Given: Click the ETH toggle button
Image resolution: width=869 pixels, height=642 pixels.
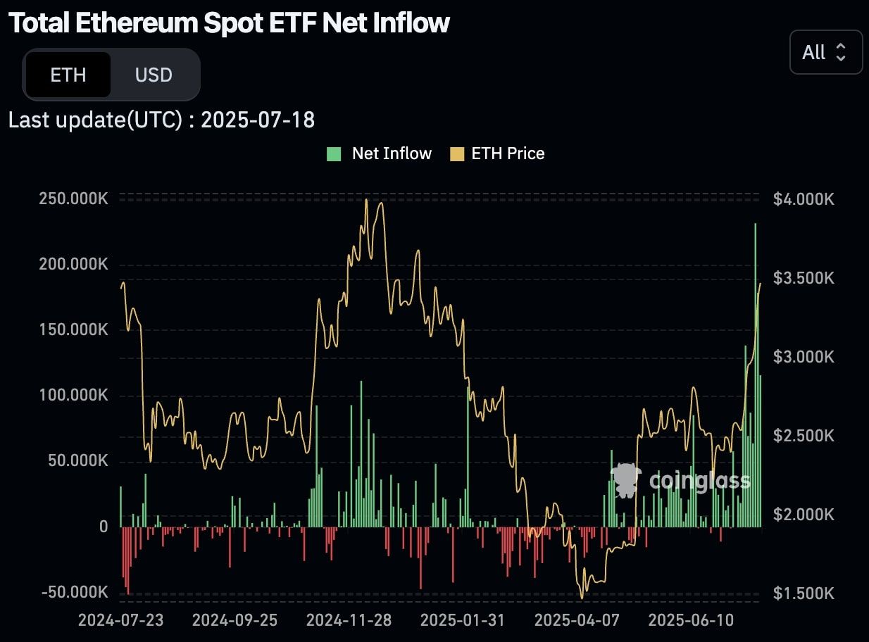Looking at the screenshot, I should pos(68,75).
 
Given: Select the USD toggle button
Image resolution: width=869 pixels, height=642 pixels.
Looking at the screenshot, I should pos(154,75).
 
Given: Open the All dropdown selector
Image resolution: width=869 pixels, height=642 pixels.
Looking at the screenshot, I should pos(825,52).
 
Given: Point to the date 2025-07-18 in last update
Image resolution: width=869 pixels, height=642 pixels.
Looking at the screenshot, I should pos(258,120).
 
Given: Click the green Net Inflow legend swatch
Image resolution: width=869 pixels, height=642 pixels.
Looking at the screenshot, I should pos(334,153).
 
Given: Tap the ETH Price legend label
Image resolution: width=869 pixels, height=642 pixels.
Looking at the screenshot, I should pos(508,153).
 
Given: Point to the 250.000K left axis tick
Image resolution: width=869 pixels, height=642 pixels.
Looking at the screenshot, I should pos(73,199).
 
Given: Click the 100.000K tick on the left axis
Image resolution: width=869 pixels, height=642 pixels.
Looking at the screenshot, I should pos(73,396).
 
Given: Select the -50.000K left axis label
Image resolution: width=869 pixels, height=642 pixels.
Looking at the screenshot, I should pos(75,592).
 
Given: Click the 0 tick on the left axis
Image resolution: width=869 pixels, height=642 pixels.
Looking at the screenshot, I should pos(104,527).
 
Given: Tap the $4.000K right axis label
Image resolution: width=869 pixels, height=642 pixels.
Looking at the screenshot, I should pos(804,199).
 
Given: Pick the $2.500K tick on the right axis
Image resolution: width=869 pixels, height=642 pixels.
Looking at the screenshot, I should pos(804,436).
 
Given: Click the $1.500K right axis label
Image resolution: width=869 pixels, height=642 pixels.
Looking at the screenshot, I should pos(804,593).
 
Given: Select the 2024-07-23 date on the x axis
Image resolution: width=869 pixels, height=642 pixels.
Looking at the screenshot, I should pos(120,621).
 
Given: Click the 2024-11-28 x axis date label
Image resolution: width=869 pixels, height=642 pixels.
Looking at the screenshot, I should pos(349,621).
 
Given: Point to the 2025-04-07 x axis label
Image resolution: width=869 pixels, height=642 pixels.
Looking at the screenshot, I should pos(577,621).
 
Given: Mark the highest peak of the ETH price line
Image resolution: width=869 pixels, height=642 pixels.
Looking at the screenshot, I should pos(366,200).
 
